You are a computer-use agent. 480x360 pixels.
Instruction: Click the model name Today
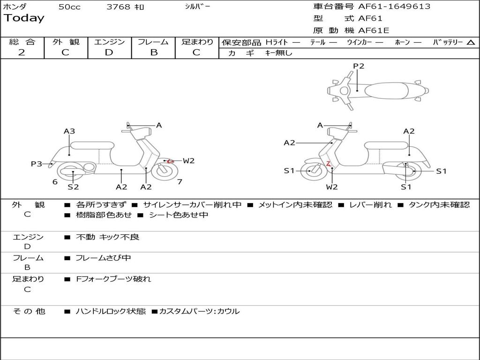(x=23, y=18)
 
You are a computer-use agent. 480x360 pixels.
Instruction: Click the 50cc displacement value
(x=69, y=7)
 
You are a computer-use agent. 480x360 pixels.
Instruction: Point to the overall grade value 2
(x=21, y=52)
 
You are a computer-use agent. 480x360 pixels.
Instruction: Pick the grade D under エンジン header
(x=109, y=52)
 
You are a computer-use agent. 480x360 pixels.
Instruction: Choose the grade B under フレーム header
(x=153, y=52)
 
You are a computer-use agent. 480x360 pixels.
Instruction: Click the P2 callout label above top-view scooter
(x=359, y=66)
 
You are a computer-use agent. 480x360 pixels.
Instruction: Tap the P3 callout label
(x=37, y=164)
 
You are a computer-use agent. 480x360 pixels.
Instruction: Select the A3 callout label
(x=69, y=131)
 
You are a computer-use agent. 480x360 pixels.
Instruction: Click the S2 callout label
(x=73, y=187)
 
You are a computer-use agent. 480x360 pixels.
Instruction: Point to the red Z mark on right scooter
(x=329, y=164)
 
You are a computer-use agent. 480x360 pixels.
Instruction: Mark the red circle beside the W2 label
(x=171, y=161)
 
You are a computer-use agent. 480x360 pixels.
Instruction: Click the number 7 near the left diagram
(x=180, y=181)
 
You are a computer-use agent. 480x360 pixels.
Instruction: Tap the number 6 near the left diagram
(x=55, y=182)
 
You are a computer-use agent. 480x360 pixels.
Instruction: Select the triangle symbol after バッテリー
(x=471, y=42)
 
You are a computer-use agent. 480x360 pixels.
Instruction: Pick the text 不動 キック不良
(x=108, y=237)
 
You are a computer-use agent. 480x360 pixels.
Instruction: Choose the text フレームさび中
(x=104, y=258)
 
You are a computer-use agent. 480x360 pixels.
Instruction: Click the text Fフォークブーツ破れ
(x=114, y=279)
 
